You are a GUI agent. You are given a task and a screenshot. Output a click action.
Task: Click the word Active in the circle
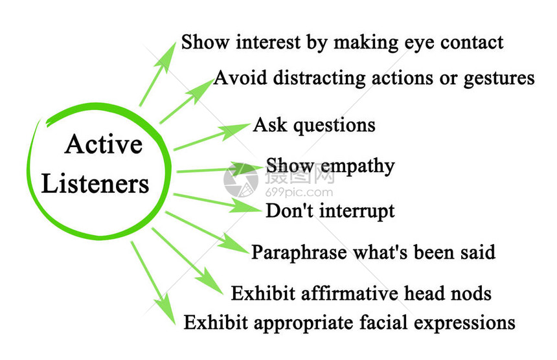104,144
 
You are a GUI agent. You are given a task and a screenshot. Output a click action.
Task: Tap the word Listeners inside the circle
95,183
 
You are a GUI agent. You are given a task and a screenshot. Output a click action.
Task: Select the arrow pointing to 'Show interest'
158,74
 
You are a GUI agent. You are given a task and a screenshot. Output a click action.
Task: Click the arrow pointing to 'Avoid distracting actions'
186,102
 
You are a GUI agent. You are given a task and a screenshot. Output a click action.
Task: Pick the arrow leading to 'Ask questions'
212,137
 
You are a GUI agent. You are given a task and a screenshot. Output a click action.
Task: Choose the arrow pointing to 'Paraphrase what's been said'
207,232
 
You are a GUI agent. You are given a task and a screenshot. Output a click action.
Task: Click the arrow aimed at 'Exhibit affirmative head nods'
188,261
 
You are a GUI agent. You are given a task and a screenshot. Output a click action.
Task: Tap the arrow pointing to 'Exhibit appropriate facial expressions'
153,283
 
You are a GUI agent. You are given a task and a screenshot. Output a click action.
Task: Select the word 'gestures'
499,79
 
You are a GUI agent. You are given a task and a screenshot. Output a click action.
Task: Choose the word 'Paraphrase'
299,253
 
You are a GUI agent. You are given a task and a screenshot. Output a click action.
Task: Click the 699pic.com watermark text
299,193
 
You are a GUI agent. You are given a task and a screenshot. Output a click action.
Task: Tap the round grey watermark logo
241,180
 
